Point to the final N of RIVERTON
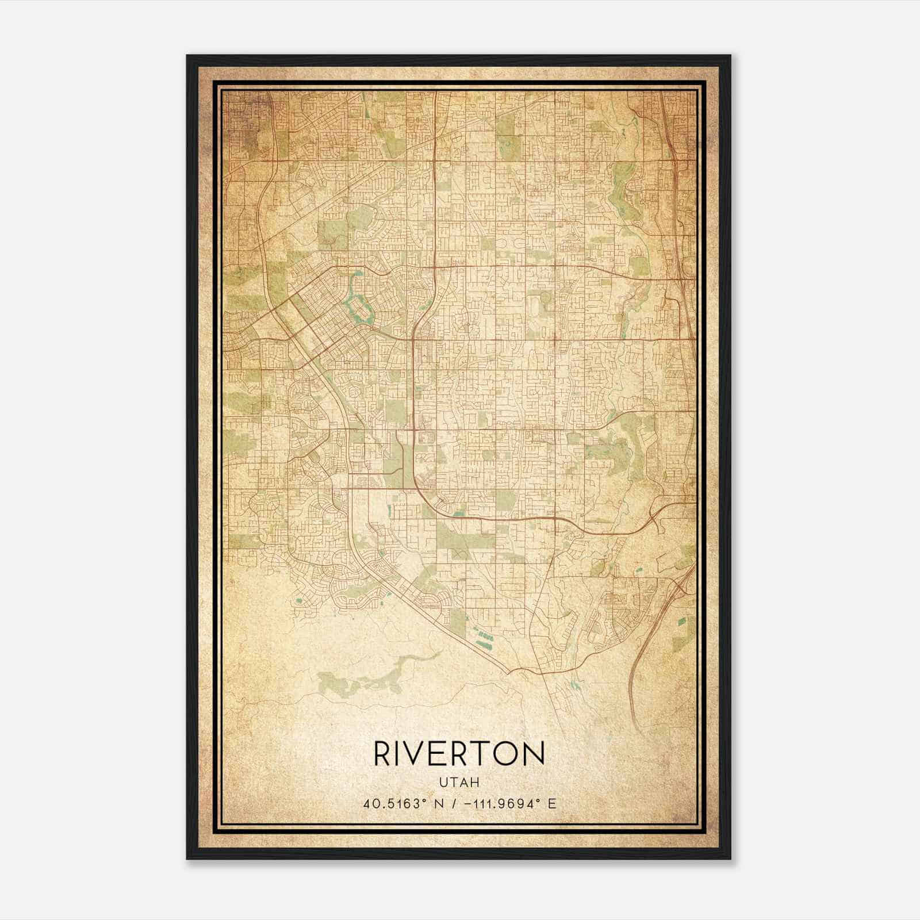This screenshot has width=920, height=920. click(x=535, y=753)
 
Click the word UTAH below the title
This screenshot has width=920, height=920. click(x=459, y=783)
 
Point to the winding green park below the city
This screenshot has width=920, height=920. click(x=374, y=678)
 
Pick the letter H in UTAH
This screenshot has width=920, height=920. click(x=476, y=783)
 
